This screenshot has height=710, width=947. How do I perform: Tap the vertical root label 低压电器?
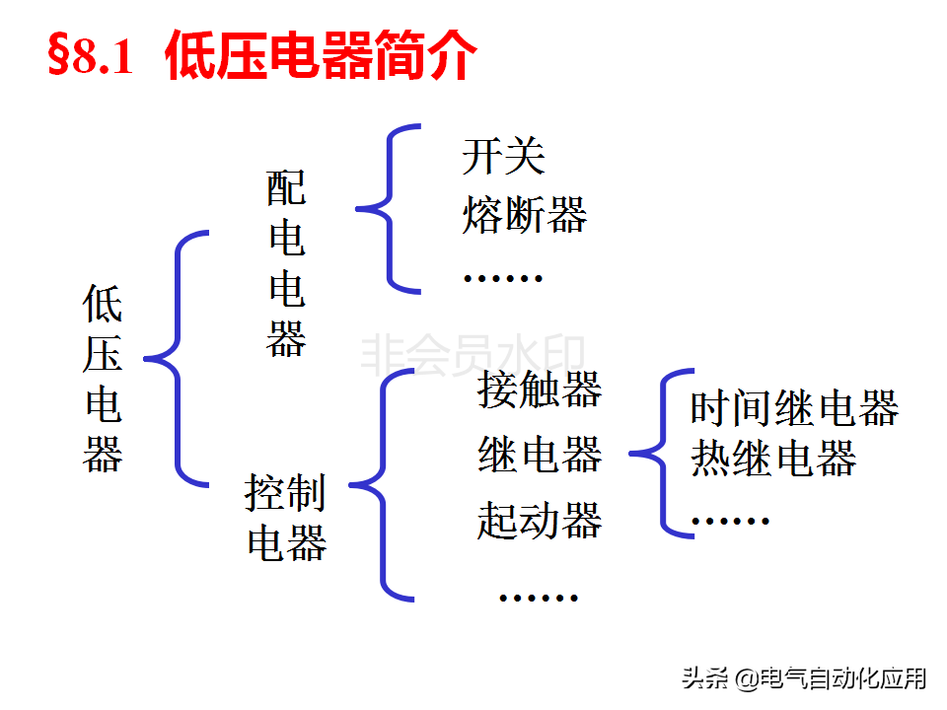coord(103,380)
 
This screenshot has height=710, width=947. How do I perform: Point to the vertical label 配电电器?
coord(286,264)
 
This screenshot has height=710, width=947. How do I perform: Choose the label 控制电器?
coord(286,518)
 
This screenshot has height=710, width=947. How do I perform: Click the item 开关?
coord(503,156)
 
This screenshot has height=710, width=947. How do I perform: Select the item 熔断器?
coord(524,214)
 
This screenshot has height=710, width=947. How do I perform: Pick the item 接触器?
coord(540,390)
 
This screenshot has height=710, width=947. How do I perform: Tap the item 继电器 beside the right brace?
coord(540,455)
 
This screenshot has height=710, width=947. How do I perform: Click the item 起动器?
coord(540,520)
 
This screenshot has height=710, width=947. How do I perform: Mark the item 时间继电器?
coord(794,408)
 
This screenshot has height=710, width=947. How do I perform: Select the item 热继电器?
coord(773,458)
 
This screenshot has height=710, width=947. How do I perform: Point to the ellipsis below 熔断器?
coord(503,278)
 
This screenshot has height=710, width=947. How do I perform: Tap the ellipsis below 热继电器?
coord(730,520)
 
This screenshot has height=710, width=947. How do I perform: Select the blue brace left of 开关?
coord(391,209)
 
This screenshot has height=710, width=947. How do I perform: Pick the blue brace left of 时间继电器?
coord(663,454)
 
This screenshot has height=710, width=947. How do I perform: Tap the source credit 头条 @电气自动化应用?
coord(804,678)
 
